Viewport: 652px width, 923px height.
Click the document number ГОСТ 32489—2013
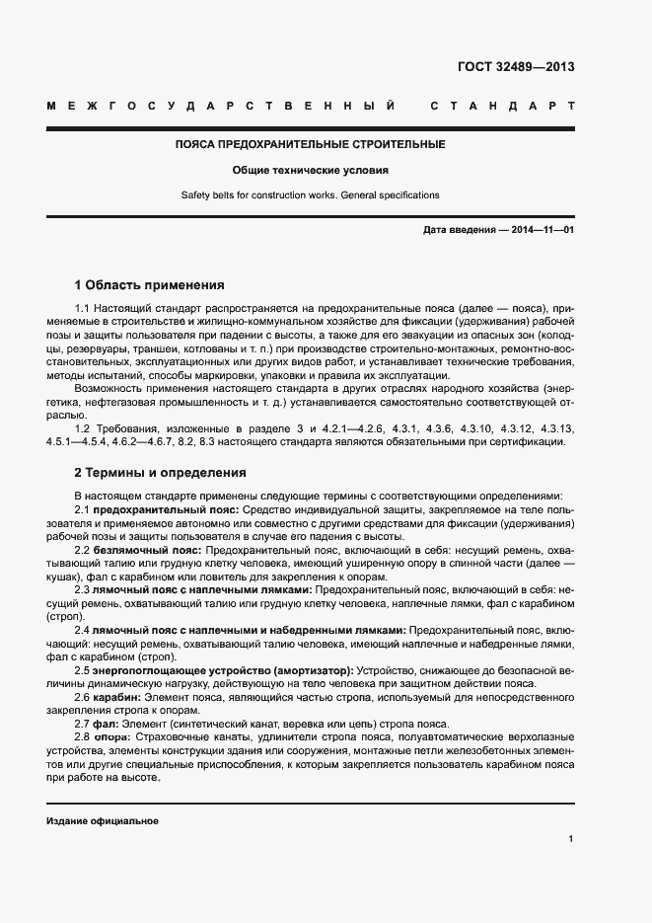coord(515,68)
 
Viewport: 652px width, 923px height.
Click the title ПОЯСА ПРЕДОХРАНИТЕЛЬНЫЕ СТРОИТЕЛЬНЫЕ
coord(310,144)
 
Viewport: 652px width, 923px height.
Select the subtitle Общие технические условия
coord(310,170)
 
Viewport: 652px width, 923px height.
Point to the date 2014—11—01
coord(542,229)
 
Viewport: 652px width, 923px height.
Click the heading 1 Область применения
coord(150,284)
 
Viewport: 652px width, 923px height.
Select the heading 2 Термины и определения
coord(161,472)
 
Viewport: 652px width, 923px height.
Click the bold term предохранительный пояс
coord(164,508)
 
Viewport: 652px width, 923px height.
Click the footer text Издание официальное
coord(103,821)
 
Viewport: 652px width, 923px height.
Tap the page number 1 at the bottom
coord(571,839)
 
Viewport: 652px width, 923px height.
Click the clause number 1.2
coord(82,427)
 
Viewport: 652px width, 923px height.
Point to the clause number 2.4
coord(82,629)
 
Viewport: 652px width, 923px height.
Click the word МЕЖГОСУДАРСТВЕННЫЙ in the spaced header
coord(222,105)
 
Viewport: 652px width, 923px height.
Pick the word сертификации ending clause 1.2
coord(532,440)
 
